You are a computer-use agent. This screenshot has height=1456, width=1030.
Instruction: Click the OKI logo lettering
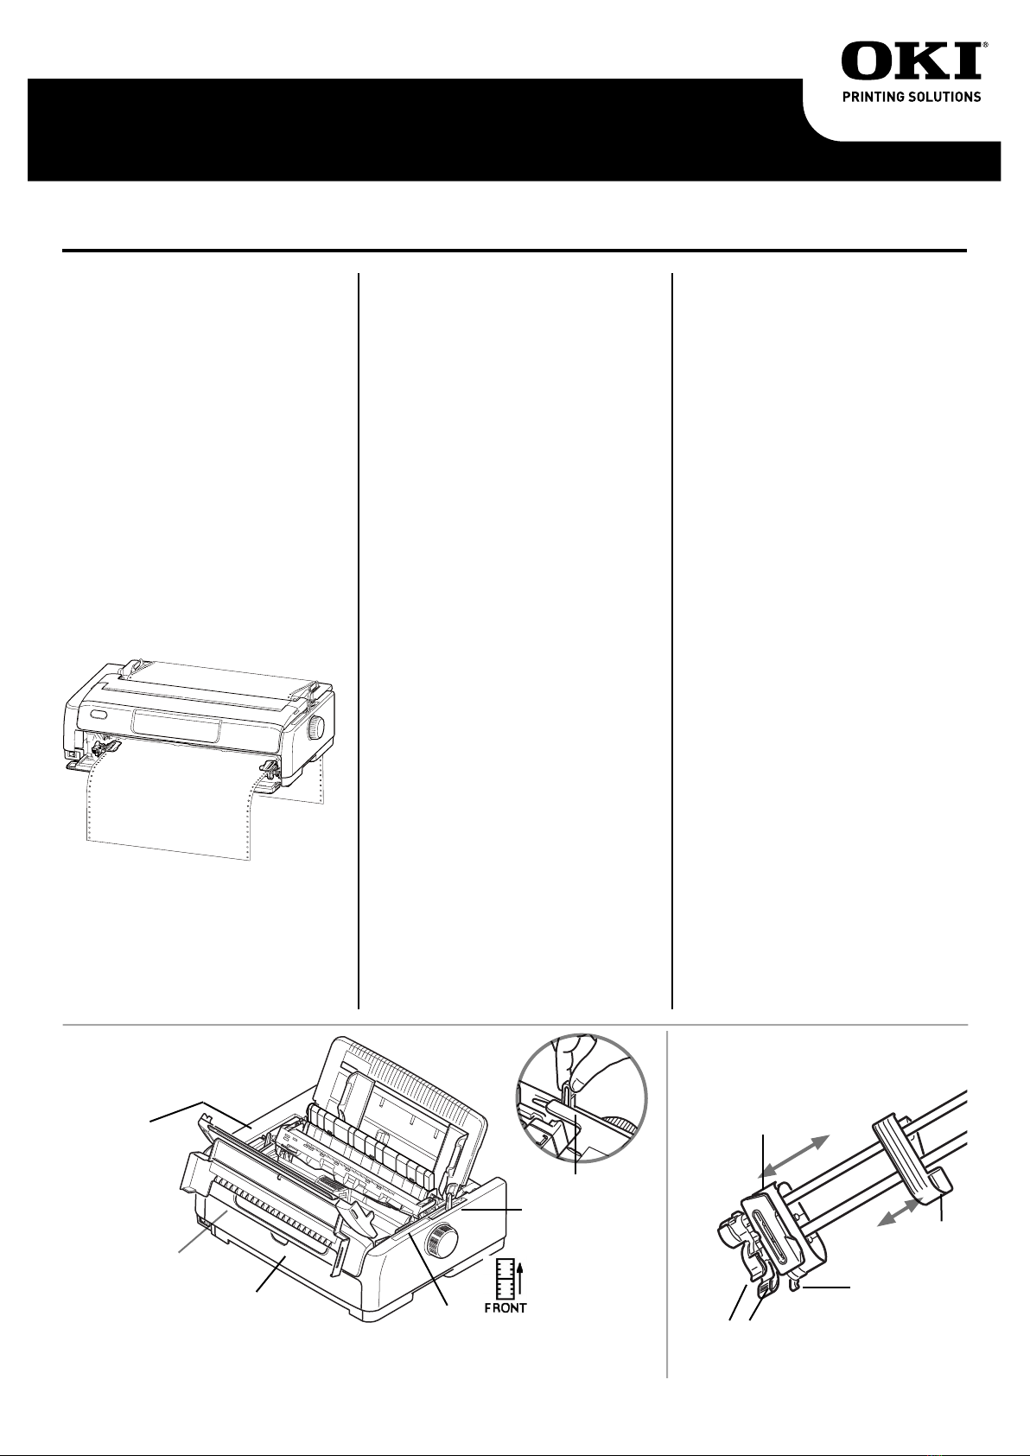[x=912, y=61]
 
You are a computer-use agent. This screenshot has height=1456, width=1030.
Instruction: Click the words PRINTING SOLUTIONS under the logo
[x=912, y=97]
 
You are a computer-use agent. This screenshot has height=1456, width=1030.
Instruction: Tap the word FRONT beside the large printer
[x=505, y=1307]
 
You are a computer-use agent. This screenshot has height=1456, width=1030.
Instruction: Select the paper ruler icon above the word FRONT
[x=505, y=1277]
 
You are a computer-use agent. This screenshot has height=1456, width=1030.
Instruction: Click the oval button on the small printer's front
[x=100, y=715]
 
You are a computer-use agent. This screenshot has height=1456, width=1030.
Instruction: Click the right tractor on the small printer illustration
[x=269, y=773]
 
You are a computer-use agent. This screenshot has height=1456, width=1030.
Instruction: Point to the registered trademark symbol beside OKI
[x=985, y=46]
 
